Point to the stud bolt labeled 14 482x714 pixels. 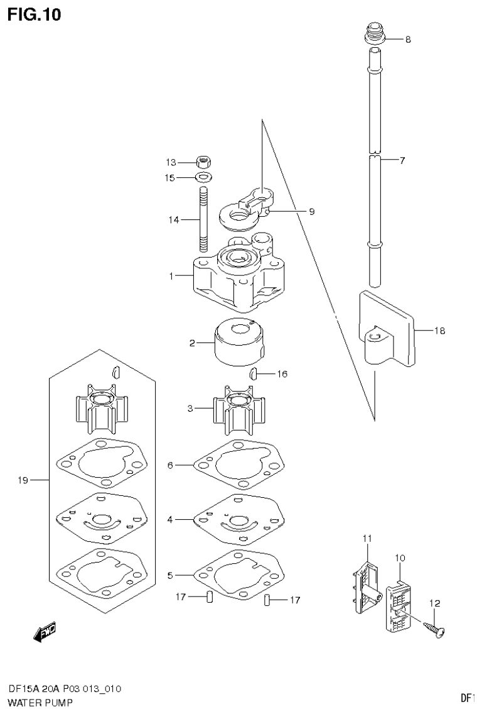204,219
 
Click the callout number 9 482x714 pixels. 311,212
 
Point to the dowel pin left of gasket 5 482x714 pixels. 210,597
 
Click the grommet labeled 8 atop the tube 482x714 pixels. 374,34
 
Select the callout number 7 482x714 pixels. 402,160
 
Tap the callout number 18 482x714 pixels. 439,331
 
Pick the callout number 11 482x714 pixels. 367,538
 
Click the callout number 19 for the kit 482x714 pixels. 23,481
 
